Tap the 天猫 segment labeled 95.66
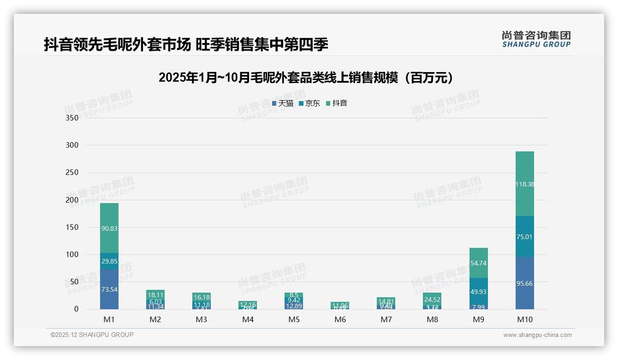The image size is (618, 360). click(x=524, y=283)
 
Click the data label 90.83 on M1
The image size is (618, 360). click(x=109, y=228)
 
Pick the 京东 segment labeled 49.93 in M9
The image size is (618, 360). click(x=478, y=292)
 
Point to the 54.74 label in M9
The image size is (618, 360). click(x=478, y=263)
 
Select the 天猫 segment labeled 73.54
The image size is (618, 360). click(x=109, y=289)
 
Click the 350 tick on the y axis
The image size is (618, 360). click(x=72, y=118)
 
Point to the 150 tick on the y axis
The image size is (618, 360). click(x=72, y=227)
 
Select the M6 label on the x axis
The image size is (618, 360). click(x=340, y=319)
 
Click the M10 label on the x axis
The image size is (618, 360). click(x=524, y=319)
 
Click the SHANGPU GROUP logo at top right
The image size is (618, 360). click(x=536, y=39)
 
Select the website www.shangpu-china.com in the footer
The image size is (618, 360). click(x=537, y=335)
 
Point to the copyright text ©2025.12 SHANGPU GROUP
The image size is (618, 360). click(x=92, y=335)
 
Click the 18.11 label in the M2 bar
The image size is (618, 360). click(x=155, y=294)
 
